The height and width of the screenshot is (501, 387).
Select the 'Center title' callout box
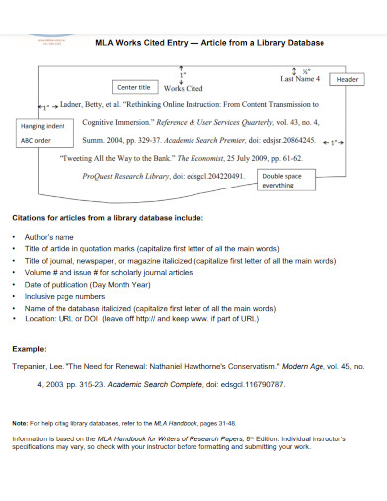coord(134,87)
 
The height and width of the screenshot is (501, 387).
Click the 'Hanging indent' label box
coord(42,127)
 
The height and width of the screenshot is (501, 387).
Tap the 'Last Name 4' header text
coord(301,79)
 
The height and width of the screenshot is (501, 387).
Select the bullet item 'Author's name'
coord(51,238)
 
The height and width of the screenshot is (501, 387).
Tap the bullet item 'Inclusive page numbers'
coord(68,296)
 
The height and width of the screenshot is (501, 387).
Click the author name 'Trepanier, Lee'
coord(40,366)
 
